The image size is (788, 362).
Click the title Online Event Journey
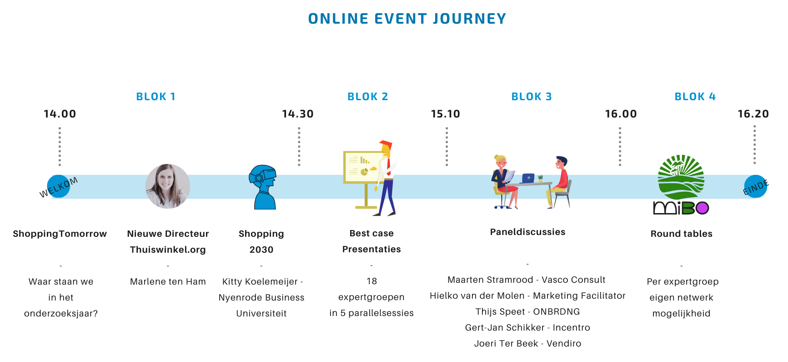tap(407, 19)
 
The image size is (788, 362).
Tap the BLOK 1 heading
tap(156, 97)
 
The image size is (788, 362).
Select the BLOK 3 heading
tap(532, 97)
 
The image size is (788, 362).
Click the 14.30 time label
tap(298, 114)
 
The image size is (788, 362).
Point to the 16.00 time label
tap(621, 114)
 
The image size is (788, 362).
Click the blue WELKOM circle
tap(59, 186)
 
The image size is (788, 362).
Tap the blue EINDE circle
tap(756, 186)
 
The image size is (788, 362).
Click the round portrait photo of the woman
tap(168, 186)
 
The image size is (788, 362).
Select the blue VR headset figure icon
tap(263, 187)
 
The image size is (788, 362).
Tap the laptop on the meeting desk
tap(528, 178)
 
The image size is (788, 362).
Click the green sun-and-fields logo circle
tap(681, 177)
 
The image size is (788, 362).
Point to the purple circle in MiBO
tap(703, 208)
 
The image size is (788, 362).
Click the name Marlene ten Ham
tap(168, 281)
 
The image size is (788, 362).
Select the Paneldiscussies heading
tap(528, 232)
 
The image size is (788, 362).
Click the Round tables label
tap(682, 234)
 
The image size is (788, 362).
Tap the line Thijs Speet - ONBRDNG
tap(528, 311)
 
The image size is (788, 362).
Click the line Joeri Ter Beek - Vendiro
tap(528, 343)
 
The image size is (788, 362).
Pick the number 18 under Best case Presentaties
tap(372, 281)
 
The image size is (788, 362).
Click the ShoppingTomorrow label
tap(60, 234)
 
